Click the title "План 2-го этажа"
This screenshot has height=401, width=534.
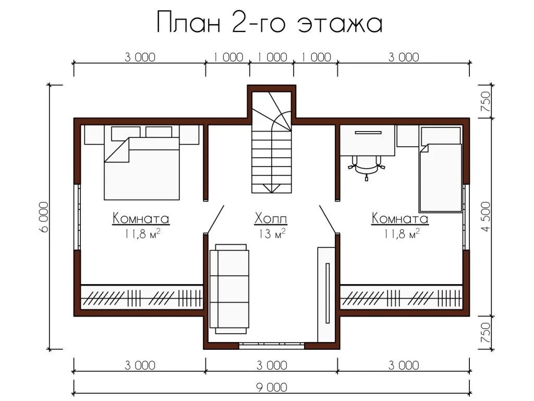pyautogui.click(x=270, y=22)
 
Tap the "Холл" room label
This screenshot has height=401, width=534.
pyautogui.click(x=271, y=219)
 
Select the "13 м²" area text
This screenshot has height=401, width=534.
pyautogui.click(x=271, y=233)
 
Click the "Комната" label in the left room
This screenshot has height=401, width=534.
pyautogui.click(x=141, y=218)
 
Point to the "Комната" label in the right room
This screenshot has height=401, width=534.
pyautogui.click(x=400, y=218)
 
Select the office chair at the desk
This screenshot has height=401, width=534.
pyautogui.click(x=367, y=167)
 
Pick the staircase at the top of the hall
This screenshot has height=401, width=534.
pyautogui.click(x=271, y=142)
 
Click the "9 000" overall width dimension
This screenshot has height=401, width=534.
pyautogui.click(x=271, y=388)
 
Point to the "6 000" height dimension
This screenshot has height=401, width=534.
pyautogui.click(x=44, y=217)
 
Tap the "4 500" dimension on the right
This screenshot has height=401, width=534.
pyautogui.click(x=486, y=217)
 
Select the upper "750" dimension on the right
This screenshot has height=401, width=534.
pyautogui.click(x=486, y=101)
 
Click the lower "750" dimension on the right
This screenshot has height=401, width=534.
pyautogui.click(x=486, y=333)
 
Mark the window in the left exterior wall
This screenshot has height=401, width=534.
pyautogui.click(x=77, y=217)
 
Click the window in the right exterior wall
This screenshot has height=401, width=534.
pyautogui.click(x=466, y=217)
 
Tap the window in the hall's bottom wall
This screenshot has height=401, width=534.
pyautogui.click(x=271, y=346)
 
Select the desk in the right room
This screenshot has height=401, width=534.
pyautogui.click(x=368, y=140)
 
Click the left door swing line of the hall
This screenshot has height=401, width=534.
pyautogui.click(x=215, y=219)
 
